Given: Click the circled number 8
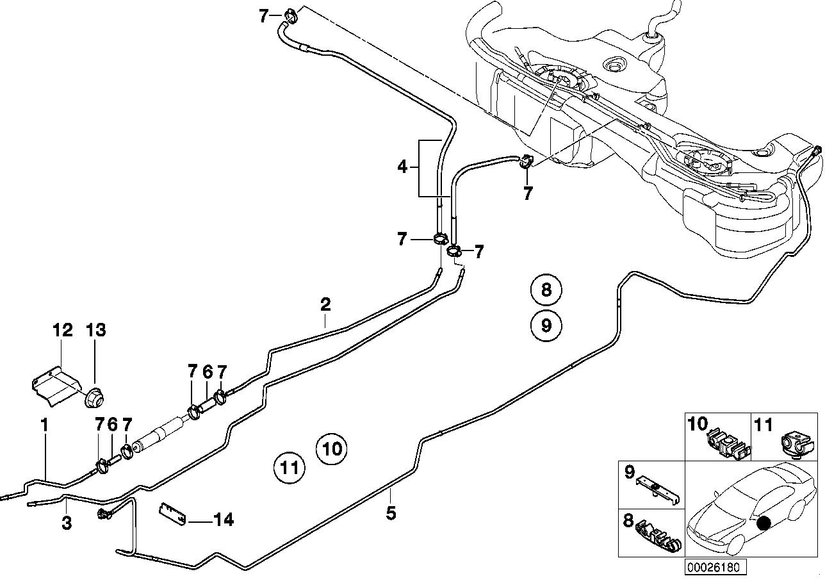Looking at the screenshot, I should pyautogui.click(x=546, y=290).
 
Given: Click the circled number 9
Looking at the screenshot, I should pyautogui.click(x=546, y=325).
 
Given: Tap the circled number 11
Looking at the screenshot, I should pyautogui.click(x=288, y=468).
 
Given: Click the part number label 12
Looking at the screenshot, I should pyautogui.click(x=63, y=331).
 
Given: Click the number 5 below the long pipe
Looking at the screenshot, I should pyautogui.click(x=391, y=513).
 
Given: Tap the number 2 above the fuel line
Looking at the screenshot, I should pyautogui.click(x=325, y=304).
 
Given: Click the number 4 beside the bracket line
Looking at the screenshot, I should pyautogui.click(x=402, y=168).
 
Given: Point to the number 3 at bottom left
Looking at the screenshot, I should pyautogui.click(x=67, y=523).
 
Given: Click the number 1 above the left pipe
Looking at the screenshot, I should pyautogui.click(x=44, y=424).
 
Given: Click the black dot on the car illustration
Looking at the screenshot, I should pyautogui.click(x=762, y=523).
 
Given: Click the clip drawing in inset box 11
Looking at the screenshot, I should pyautogui.click(x=796, y=443).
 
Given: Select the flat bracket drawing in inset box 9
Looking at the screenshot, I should pyautogui.click(x=657, y=491).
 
